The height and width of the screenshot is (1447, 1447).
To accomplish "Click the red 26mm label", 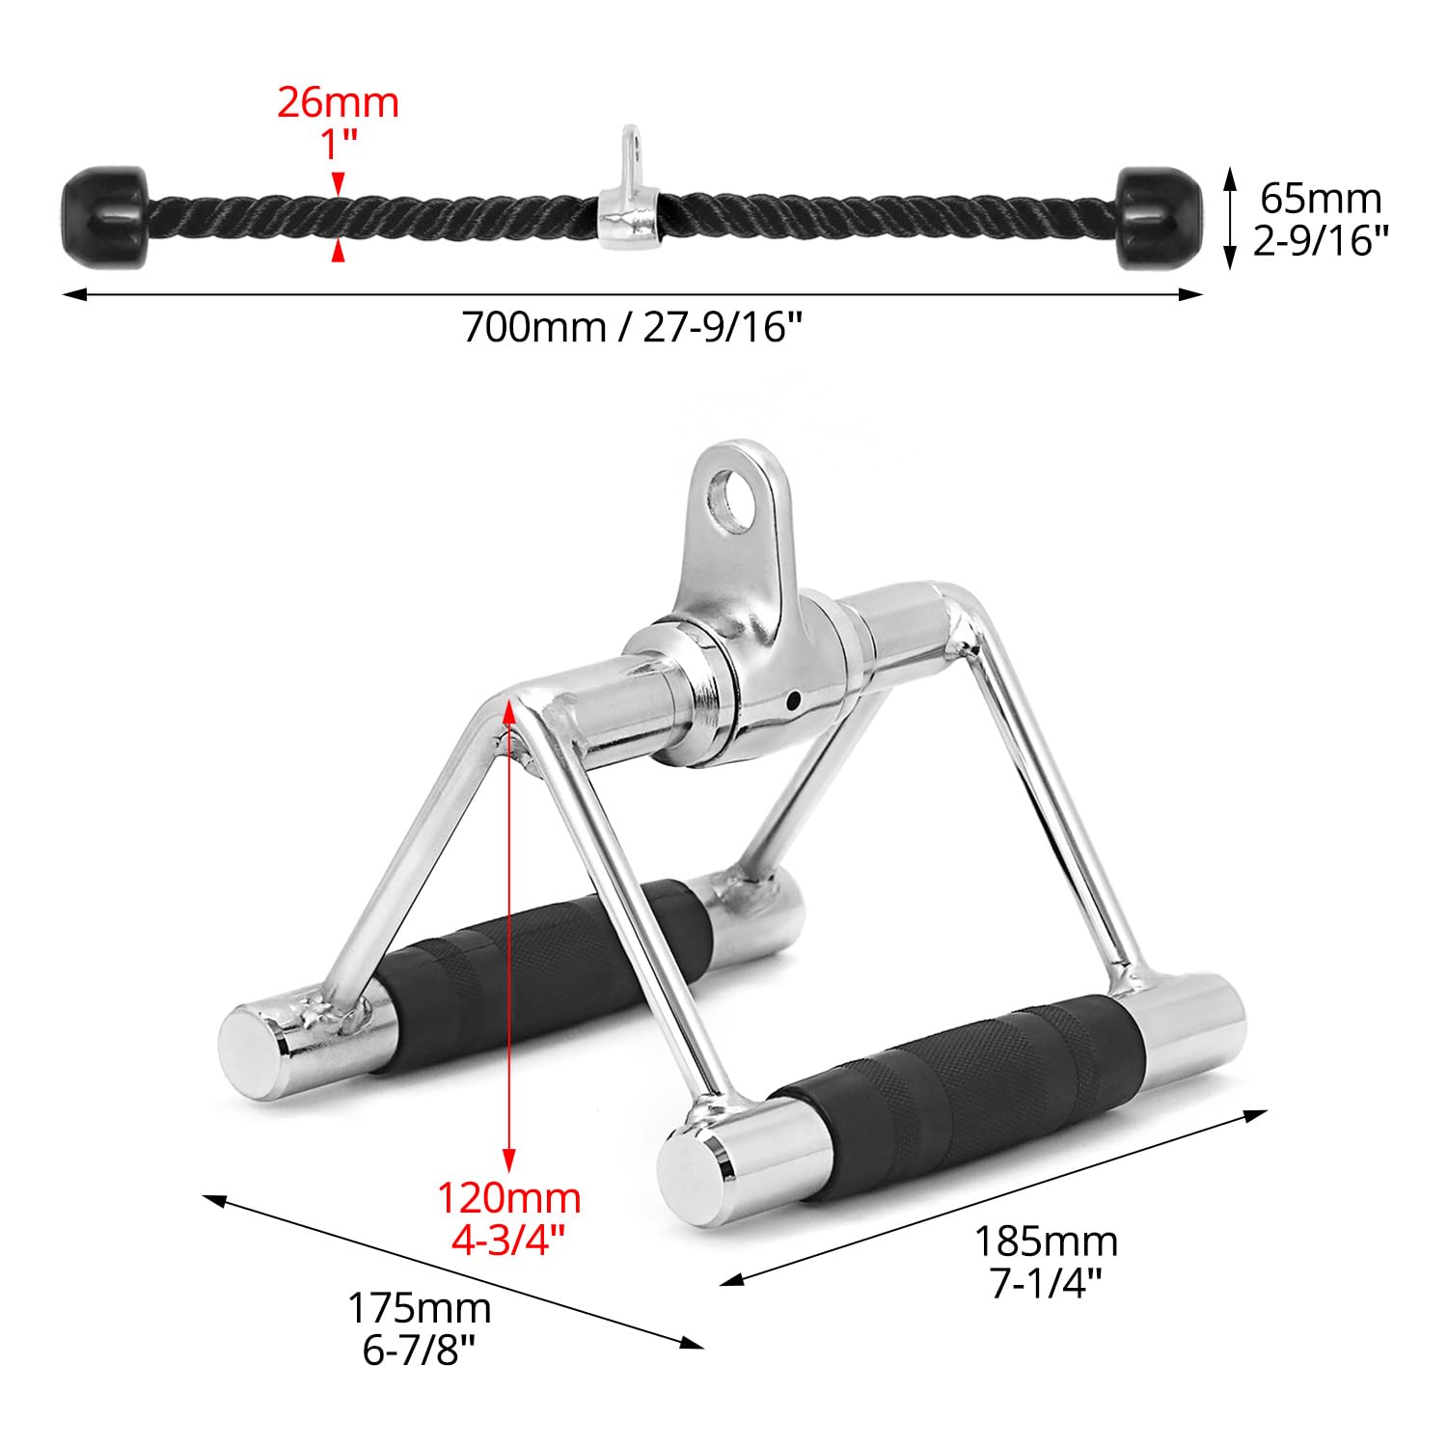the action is pos(338,102).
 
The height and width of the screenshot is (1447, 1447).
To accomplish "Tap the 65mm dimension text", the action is pos(1321,199).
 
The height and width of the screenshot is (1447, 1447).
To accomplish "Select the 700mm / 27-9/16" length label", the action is pos(633,328).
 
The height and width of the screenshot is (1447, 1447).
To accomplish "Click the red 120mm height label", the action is pos(509,1198).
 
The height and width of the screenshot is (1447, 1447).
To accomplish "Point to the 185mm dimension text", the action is pos(1046,1241).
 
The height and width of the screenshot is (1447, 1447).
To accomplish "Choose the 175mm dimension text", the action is pos(420,1309).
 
